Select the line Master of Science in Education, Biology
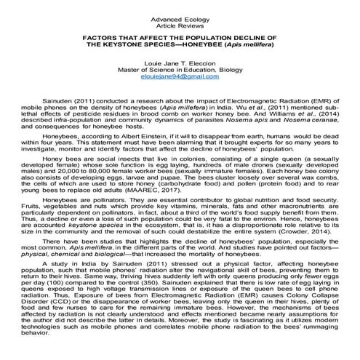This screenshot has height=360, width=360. (179, 70)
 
